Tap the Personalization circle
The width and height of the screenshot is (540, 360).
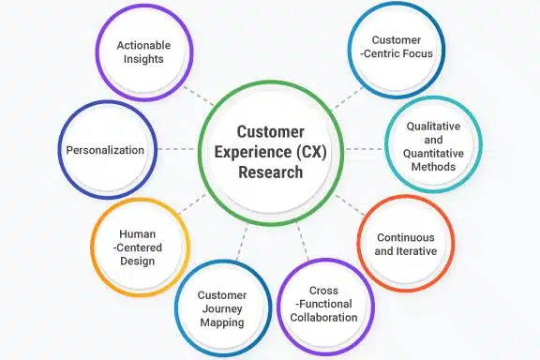coord(105,150)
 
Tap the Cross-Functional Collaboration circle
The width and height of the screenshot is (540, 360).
coord(325,304)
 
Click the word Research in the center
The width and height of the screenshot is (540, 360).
coord(269,172)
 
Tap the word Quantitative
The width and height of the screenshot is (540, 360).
coord(431,153)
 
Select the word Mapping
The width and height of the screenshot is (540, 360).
coord(222,322)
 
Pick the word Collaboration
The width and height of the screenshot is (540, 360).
coord(324,318)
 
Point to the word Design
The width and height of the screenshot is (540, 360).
coord(138,262)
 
